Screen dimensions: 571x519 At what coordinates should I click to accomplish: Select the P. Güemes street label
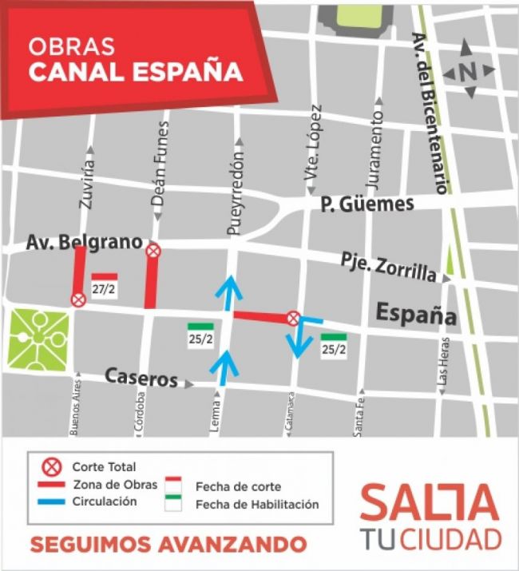tap(366, 204)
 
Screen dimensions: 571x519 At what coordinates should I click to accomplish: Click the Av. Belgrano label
tap(83, 241)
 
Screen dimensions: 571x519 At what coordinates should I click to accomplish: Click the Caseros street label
tap(141, 379)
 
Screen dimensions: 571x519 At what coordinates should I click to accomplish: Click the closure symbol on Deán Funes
tap(153, 251)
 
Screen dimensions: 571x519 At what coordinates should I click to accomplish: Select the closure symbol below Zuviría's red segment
tap(78, 299)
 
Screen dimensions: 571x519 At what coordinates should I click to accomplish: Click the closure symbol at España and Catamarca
tap(294, 318)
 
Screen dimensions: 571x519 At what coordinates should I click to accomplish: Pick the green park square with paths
tap(38, 339)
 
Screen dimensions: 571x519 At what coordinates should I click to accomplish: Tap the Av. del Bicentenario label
tap(429, 112)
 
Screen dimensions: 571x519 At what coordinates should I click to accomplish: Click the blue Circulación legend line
tap(53, 502)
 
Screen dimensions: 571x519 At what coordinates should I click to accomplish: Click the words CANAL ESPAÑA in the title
tap(135, 71)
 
